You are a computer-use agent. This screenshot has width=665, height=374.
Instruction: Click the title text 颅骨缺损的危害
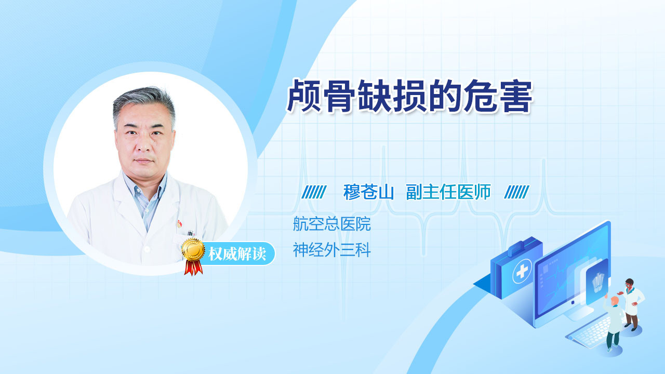(409, 96)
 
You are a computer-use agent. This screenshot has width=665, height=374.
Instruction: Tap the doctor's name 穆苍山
(368, 192)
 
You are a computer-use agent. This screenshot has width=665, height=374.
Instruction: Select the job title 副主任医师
(448, 192)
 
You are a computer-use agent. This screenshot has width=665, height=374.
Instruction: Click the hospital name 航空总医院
(331, 224)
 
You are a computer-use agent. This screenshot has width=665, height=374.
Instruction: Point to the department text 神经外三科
(331, 250)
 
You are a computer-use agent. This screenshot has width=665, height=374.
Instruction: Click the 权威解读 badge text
(237, 254)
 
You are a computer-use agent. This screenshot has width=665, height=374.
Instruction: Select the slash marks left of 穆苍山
(314, 192)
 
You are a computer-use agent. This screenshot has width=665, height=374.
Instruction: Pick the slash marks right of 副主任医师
(516, 192)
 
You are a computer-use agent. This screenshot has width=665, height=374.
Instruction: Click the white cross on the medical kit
(522, 271)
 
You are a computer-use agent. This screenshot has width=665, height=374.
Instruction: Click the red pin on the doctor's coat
(179, 223)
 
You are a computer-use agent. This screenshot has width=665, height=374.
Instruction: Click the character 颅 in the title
(304, 96)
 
